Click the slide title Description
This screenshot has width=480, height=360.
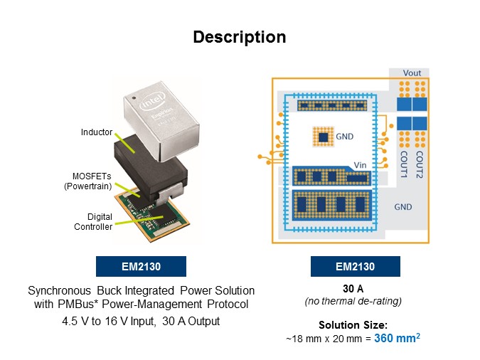pos(240,37)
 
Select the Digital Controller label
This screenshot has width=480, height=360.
pos(92,222)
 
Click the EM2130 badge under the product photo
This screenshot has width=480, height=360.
pos(141,267)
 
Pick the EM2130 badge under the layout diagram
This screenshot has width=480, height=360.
pos(355,267)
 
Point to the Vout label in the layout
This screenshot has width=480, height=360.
pos(412,73)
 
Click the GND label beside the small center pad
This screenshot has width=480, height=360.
pos(345,135)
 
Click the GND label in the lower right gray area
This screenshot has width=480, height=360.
pos(404,206)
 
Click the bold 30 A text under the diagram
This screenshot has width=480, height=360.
pos(355,289)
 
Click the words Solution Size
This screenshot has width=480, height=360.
pos(353,325)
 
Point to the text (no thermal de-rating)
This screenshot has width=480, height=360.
pos(355,301)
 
